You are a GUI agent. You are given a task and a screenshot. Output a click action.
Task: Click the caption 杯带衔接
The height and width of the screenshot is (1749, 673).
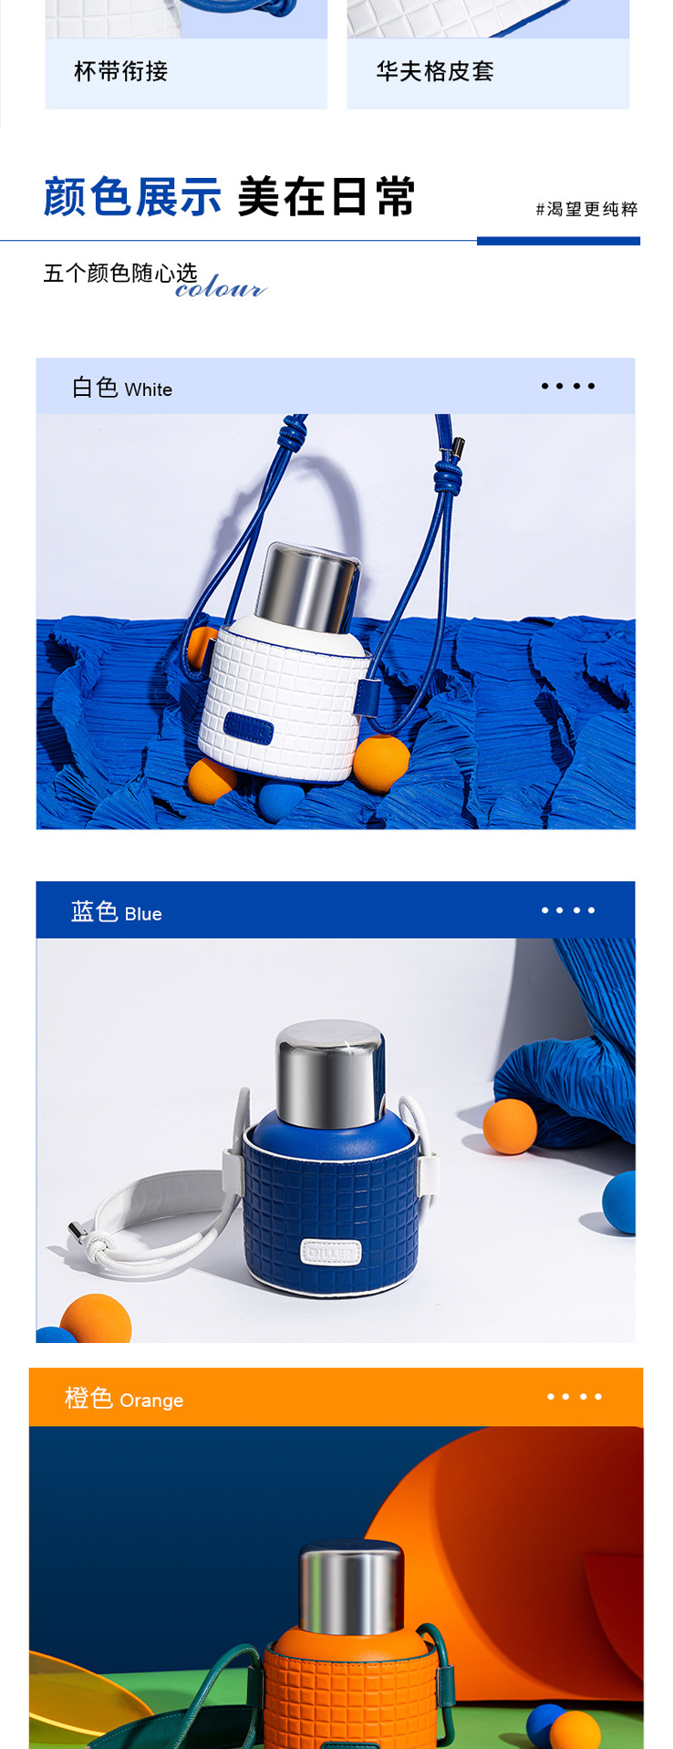[x=121, y=71]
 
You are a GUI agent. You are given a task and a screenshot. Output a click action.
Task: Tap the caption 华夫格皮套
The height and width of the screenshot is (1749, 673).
[x=435, y=71]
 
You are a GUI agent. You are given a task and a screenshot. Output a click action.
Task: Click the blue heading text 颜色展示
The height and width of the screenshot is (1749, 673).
[x=133, y=196]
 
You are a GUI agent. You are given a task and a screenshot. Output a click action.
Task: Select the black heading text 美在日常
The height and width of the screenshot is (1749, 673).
[x=326, y=196]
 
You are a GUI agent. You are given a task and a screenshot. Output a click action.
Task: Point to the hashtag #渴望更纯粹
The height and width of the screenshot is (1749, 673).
[x=587, y=209]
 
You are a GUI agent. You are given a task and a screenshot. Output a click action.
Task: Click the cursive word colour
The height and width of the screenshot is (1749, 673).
[x=221, y=287]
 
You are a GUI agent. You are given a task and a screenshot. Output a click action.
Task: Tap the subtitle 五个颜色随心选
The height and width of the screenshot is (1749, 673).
[x=120, y=273]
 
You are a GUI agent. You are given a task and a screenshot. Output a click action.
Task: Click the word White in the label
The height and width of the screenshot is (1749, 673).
[x=149, y=390]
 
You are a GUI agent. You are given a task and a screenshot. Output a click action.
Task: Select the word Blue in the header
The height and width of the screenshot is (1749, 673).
[x=143, y=914]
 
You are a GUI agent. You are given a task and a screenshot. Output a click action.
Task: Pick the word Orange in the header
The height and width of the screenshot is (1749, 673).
[x=151, y=1400]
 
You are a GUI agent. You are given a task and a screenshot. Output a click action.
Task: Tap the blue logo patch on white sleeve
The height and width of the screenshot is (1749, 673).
[x=249, y=728]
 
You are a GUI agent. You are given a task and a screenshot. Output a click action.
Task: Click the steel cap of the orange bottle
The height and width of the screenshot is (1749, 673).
[x=351, y=1588]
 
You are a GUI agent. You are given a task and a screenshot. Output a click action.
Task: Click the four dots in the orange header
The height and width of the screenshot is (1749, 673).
[x=575, y=1397]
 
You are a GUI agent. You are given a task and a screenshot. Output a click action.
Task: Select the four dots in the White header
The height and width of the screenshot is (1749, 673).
[x=568, y=386]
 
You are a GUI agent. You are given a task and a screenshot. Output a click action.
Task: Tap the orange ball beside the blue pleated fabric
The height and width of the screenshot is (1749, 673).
[x=510, y=1127]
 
